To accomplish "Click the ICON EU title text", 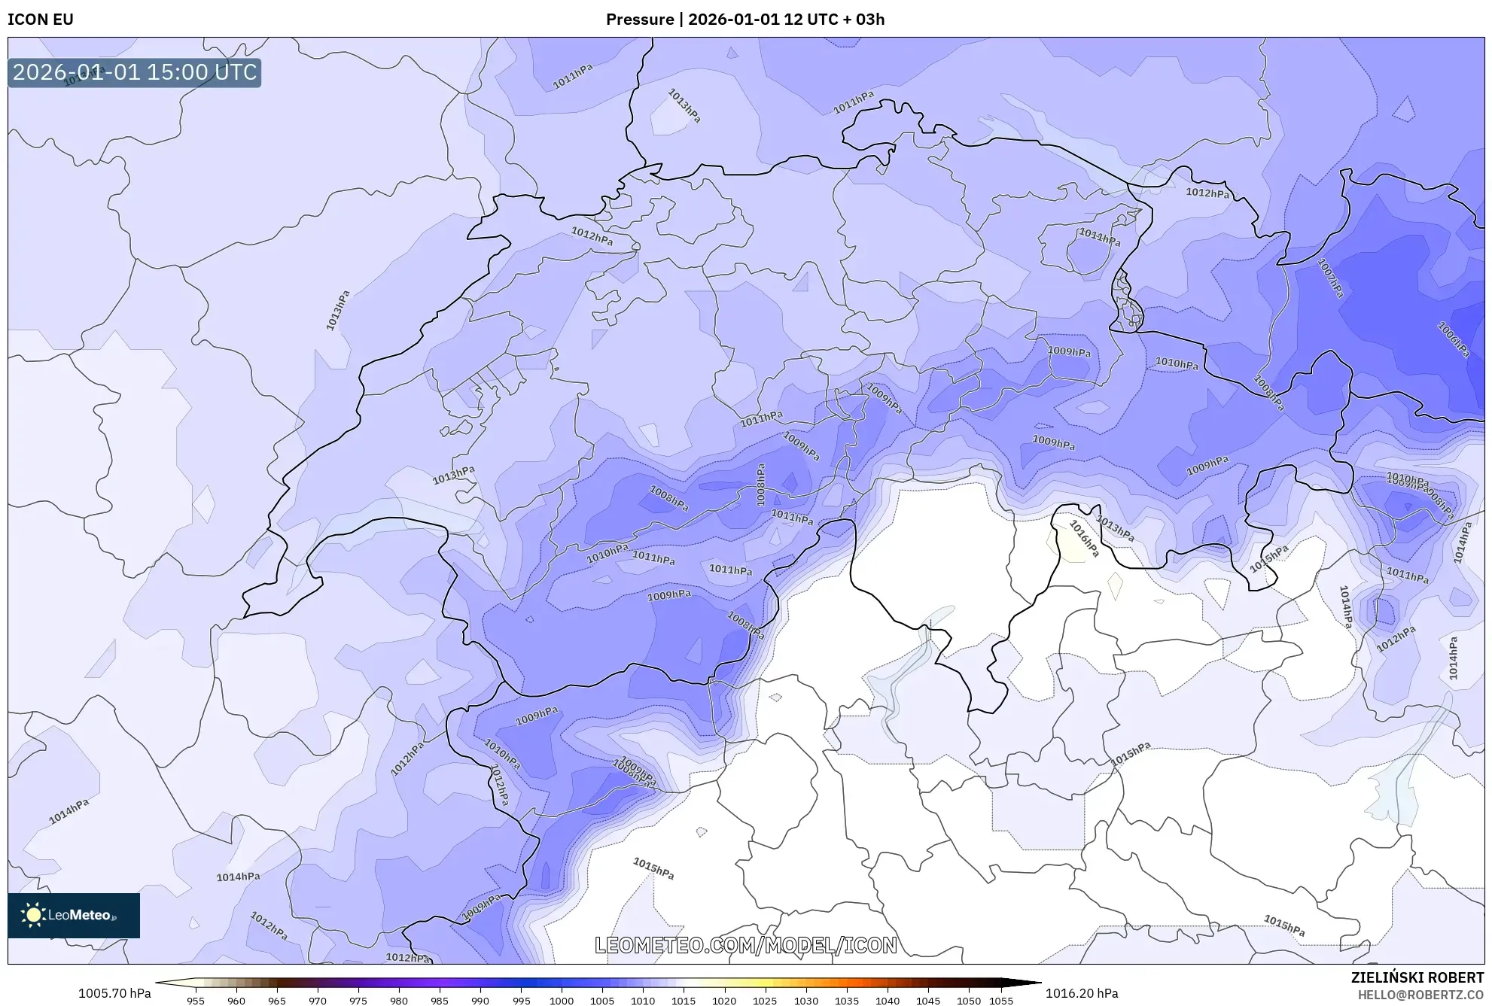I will coord(41,20).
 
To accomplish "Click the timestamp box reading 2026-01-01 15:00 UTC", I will coord(135,72).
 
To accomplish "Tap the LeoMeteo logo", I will coord(74,915).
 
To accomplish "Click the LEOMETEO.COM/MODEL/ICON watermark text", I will coord(745,945).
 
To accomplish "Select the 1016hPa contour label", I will coord(1084,539).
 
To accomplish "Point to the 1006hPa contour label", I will coord(1453,339).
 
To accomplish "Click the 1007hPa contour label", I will coord(1330,278).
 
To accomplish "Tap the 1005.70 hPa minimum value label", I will coord(114,993).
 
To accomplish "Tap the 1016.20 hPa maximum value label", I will coord(1082,993).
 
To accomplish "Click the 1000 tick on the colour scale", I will coord(562,1001).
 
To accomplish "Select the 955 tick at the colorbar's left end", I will coord(196,1001).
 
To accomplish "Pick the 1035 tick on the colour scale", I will coord(847,1001).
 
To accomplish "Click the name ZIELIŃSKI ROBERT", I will coord(1417,977).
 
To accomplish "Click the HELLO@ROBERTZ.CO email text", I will coord(1420,995).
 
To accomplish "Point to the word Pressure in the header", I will coord(639,20).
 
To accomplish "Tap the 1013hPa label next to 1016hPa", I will coord(1115,528).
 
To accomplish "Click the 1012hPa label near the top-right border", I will coord(1207,193).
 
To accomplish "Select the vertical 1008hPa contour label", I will coord(760,485).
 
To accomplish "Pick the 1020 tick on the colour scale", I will coord(724,1001).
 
